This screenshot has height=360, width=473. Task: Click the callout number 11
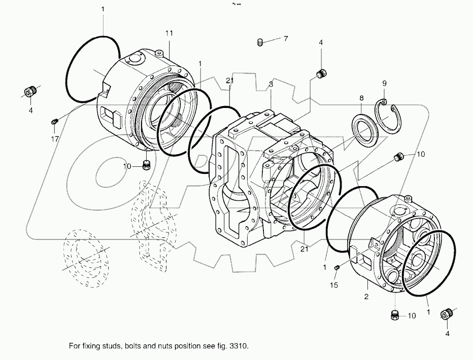[169, 33]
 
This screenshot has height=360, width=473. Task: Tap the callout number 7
[286, 39]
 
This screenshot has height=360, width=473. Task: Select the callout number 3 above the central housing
[271, 85]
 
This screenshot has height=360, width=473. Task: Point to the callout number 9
[384, 83]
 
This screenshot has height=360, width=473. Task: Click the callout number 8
[361, 97]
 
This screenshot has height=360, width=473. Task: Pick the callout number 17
[54, 138]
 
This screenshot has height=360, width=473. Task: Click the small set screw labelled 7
[260, 43]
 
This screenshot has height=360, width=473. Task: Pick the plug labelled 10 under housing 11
[146, 165]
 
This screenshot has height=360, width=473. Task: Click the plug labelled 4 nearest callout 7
[321, 75]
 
